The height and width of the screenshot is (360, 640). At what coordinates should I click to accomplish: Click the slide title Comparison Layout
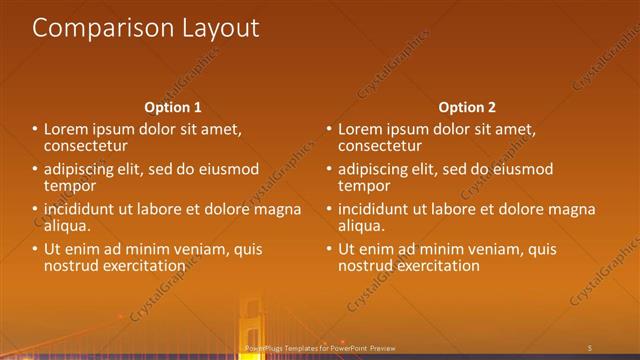point(146,28)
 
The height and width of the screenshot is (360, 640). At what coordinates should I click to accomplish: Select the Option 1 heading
point(173,107)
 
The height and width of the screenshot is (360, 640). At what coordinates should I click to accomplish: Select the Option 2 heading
point(467,107)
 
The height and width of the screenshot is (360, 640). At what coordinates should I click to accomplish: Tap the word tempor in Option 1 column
point(69,185)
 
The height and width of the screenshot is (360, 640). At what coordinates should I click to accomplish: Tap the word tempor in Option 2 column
point(364,185)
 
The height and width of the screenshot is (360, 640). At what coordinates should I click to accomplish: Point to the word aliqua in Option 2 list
point(361,226)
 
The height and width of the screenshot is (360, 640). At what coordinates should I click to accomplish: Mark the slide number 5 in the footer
point(590,347)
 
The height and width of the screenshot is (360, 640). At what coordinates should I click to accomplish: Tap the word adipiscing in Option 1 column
point(83,169)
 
